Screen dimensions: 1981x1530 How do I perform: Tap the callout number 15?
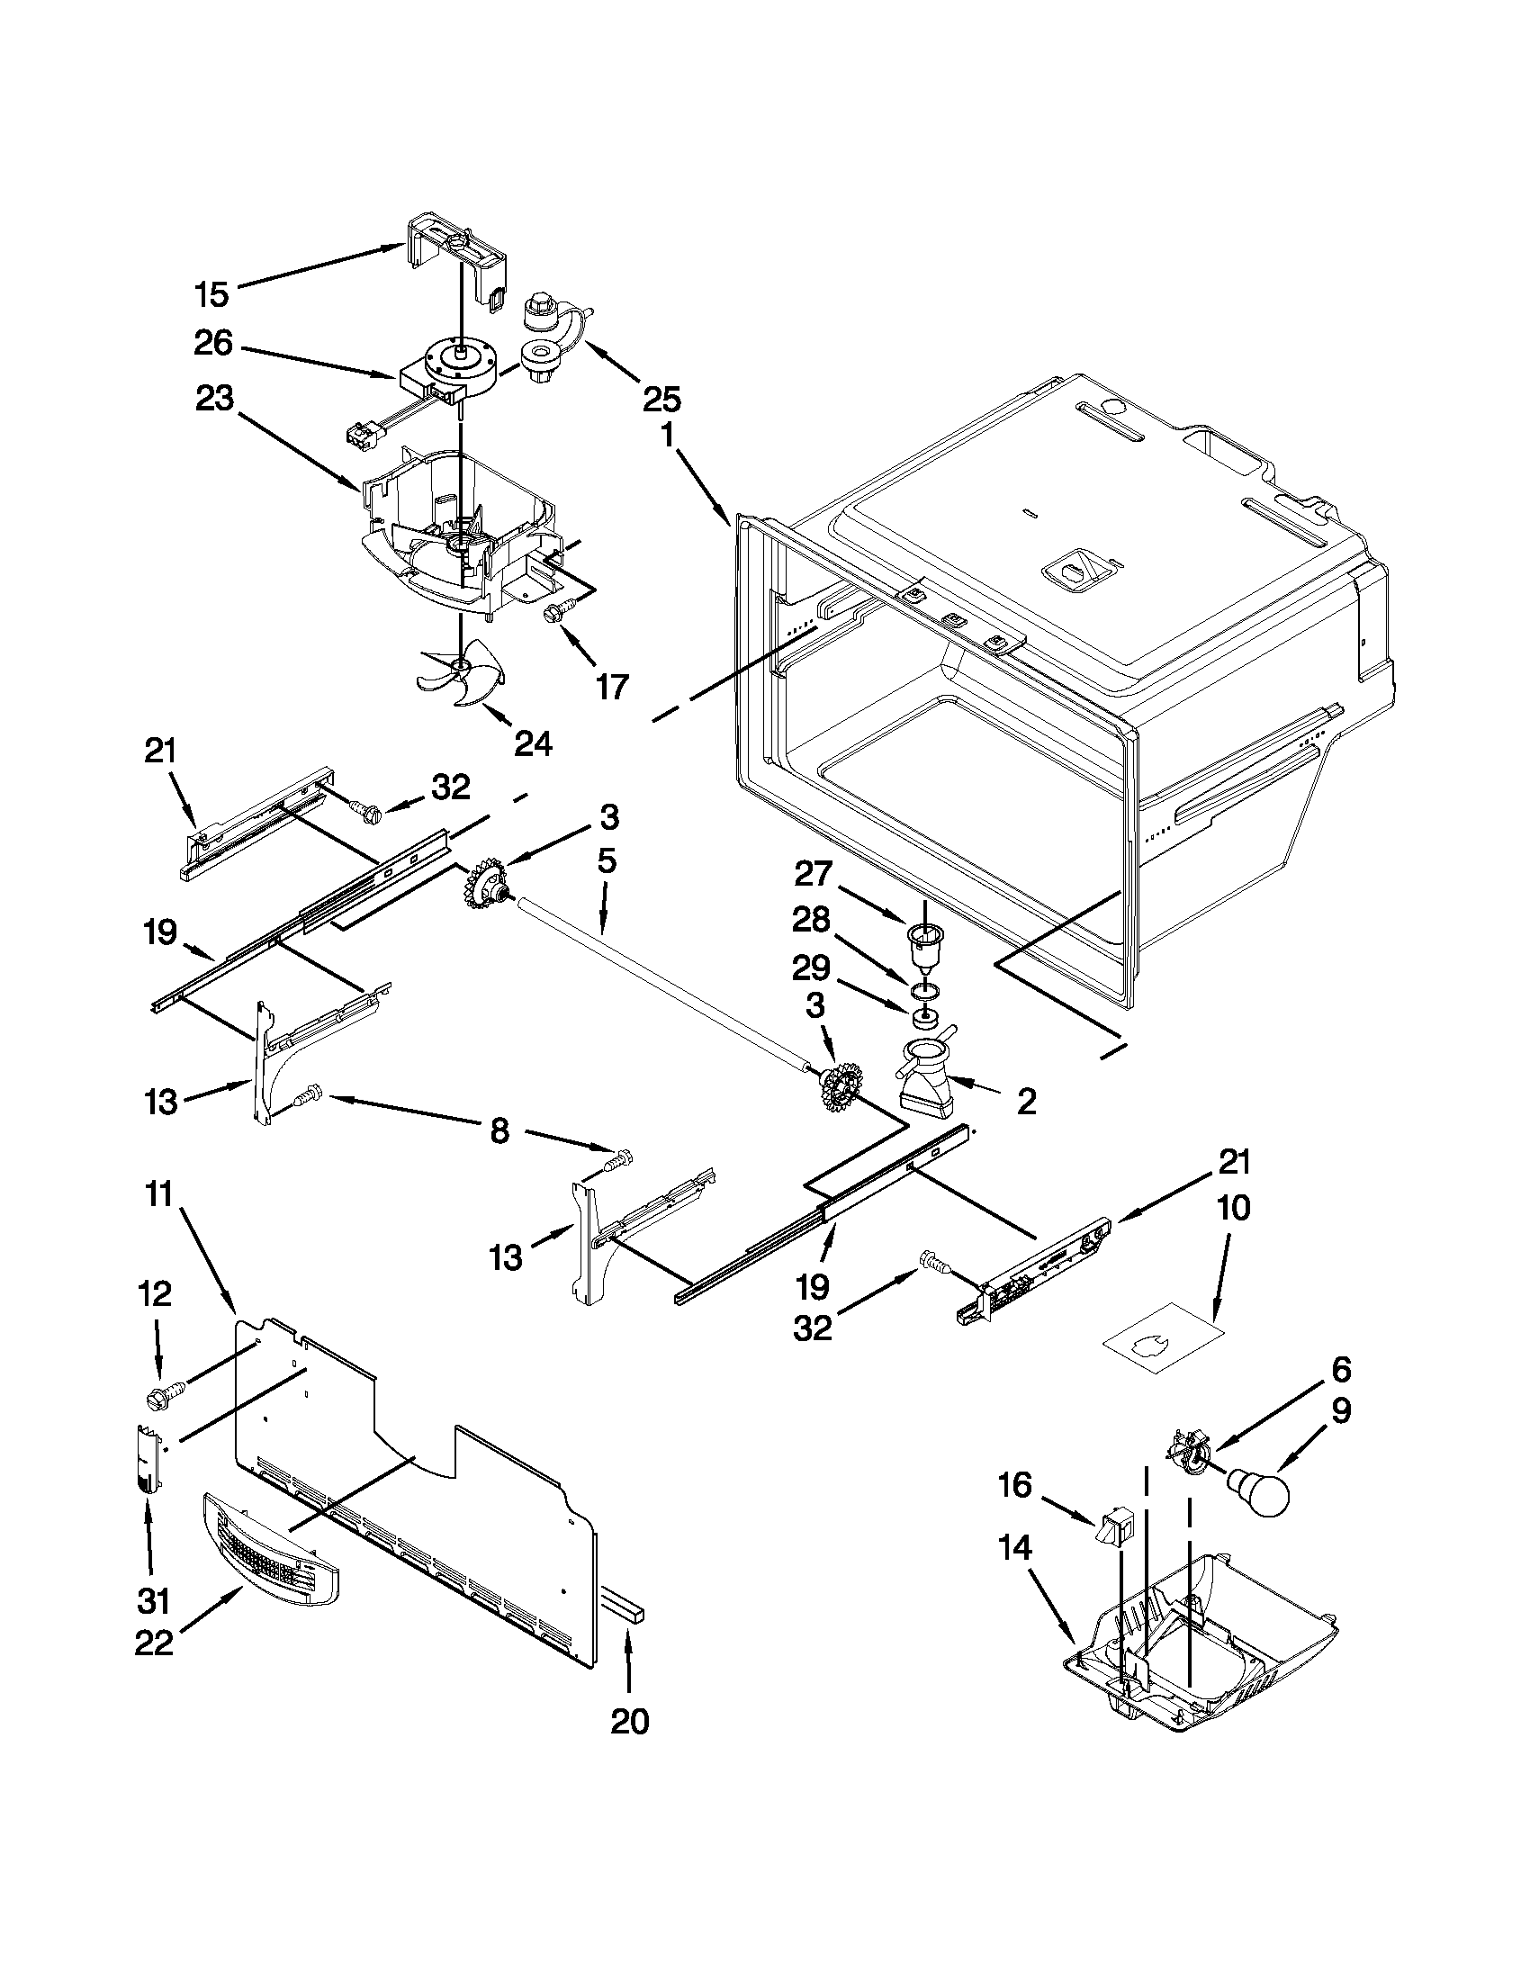click(212, 295)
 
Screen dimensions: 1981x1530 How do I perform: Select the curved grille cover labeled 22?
click(269, 1551)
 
